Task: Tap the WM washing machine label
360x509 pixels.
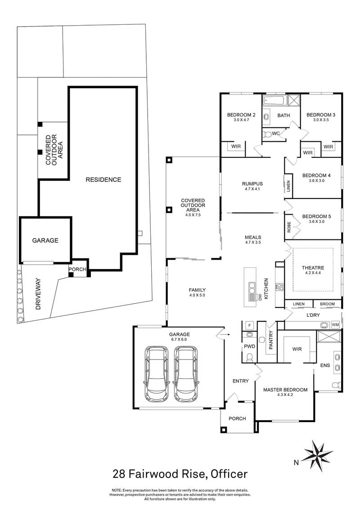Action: (x=335, y=324)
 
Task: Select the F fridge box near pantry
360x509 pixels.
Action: (x=249, y=325)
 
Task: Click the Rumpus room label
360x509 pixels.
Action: (x=252, y=183)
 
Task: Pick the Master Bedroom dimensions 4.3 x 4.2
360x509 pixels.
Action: (x=285, y=395)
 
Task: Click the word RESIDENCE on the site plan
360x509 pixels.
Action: (x=103, y=180)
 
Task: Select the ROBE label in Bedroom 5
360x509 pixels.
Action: (x=289, y=227)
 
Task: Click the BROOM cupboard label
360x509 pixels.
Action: (x=327, y=305)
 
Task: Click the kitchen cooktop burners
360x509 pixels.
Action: (x=279, y=287)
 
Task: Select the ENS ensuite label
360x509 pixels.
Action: (x=325, y=366)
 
